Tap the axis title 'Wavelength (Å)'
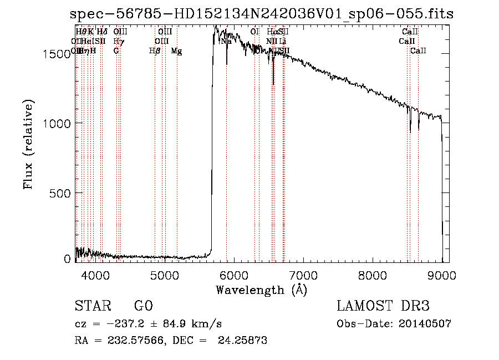click(261, 290)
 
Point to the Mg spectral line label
click(176, 51)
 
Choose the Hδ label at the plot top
click(102, 32)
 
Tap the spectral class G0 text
click(143, 307)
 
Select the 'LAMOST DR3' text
click(383, 307)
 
